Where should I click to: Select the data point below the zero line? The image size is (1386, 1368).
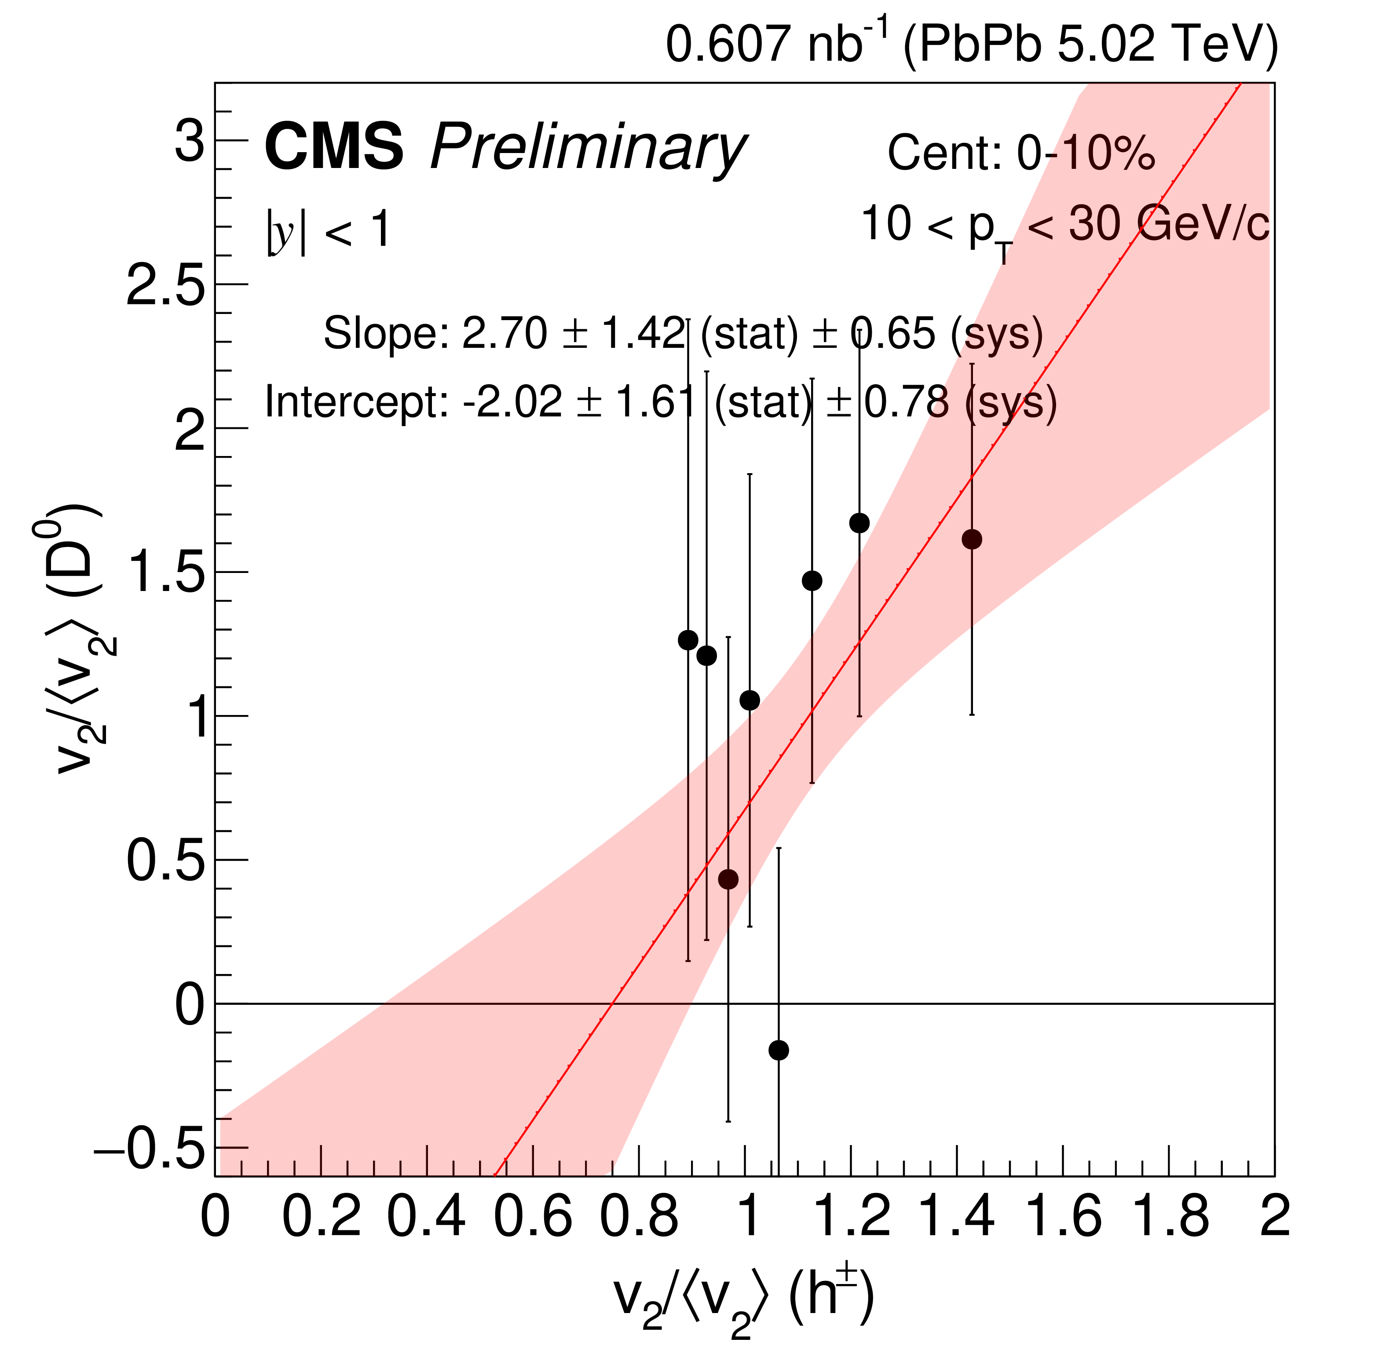coord(779,1050)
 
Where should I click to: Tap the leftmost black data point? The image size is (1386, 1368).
coord(688,640)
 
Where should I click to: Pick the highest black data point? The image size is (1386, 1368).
coord(859,523)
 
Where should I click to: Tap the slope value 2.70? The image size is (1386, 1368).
coord(505,334)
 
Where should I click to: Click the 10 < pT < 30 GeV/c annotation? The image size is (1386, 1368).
coord(1064,226)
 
